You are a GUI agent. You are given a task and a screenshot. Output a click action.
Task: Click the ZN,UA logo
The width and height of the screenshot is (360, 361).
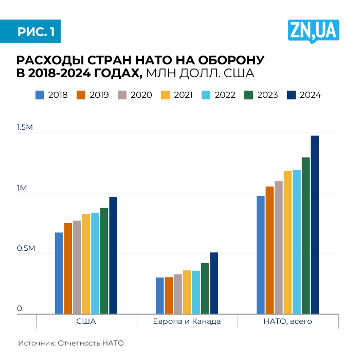click(x=313, y=31)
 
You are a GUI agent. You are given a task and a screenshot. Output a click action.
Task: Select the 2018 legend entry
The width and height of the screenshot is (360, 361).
click(x=51, y=95)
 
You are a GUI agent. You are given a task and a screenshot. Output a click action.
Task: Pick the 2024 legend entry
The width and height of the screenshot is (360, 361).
click(x=303, y=95)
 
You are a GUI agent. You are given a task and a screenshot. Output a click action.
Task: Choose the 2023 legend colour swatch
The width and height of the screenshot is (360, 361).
click(x=249, y=95)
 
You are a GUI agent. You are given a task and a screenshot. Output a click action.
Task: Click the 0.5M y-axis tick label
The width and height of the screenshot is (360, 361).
click(x=25, y=249)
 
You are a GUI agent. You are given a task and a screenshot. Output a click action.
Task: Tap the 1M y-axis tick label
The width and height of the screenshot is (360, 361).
click(x=22, y=188)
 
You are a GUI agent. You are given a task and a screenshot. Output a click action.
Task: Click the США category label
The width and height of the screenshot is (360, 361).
click(x=86, y=321)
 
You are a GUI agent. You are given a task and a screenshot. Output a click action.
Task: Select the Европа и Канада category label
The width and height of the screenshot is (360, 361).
click(x=187, y=321)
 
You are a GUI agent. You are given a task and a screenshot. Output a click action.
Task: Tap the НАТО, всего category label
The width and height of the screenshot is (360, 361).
click(x=287, y=321)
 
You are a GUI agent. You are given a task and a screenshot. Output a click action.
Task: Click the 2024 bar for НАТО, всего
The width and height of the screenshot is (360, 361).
click(x=315, y=225)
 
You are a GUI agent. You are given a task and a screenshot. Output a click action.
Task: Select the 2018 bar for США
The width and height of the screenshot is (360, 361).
click(x=59, y=273)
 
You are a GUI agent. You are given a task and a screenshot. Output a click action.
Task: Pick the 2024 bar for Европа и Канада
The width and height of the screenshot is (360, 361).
click(x=214, y=283)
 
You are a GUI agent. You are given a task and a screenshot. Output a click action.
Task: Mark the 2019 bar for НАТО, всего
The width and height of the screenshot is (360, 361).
click(x=269, y=250)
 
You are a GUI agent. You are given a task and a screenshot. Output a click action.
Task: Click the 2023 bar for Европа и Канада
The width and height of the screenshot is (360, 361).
click(x=205, y=288)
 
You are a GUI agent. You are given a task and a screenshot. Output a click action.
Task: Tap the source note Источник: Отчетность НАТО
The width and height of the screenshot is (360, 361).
click(x=71, y=343)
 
